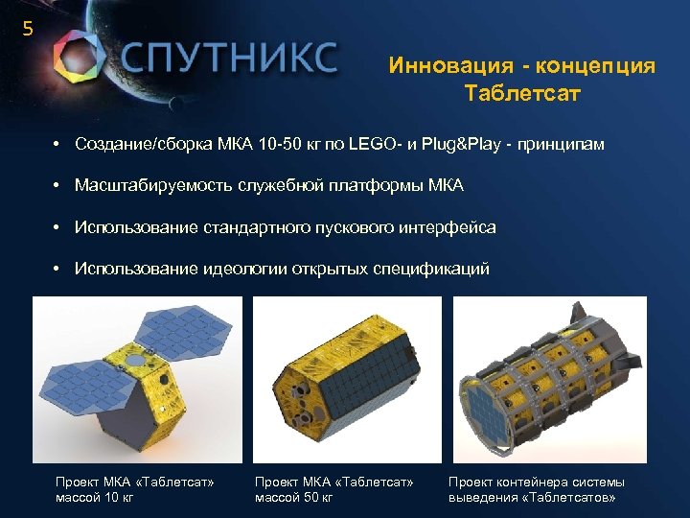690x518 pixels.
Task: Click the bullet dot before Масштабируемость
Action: [x=58, y=185]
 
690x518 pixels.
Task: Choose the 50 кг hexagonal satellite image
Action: [x=346, y=379]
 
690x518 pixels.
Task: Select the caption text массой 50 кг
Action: [x=293, y=497]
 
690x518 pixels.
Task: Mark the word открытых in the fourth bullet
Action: [x=343, y=269]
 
